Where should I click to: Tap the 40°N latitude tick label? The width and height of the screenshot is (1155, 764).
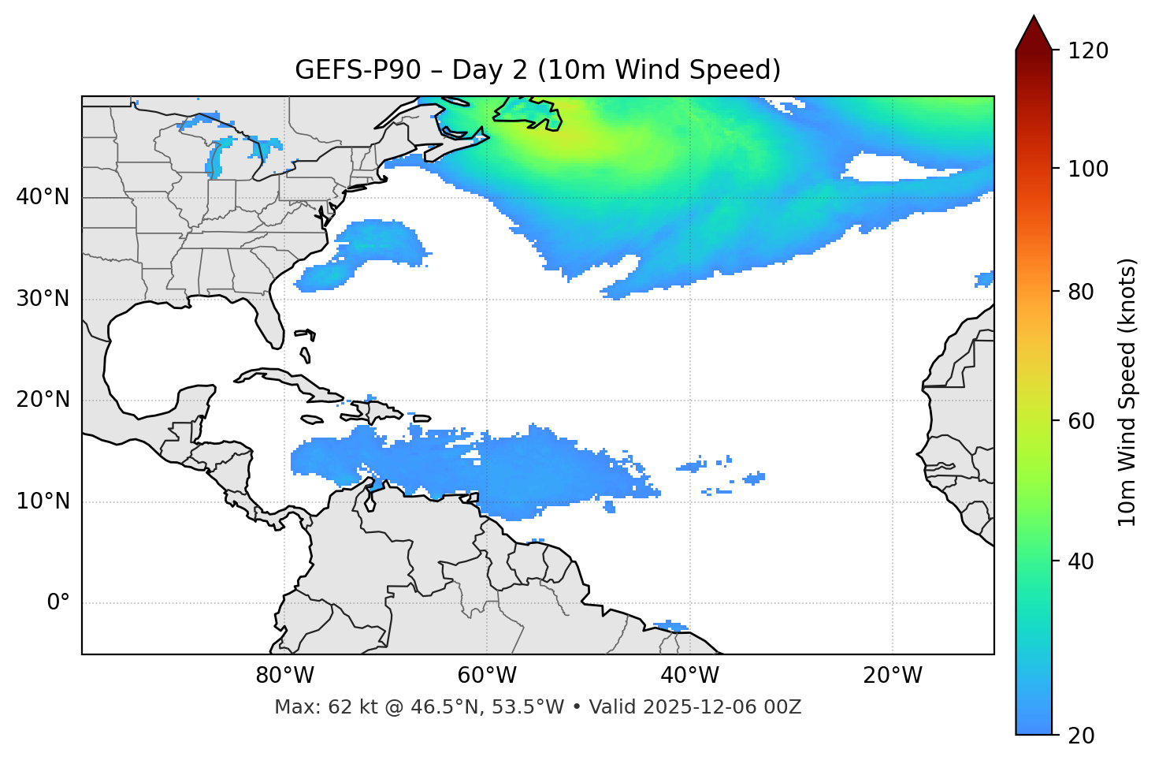pos(43,197)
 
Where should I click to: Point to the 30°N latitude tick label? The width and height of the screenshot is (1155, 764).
pos(43,299)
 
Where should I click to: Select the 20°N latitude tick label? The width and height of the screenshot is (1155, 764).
pos(43,400)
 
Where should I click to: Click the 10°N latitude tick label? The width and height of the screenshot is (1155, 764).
pos(43,501)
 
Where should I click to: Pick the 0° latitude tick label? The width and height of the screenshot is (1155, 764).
pos(58,603)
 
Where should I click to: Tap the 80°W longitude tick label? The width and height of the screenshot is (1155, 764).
pos(284,676)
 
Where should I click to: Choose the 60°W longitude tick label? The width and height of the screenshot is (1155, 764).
pos(487,676)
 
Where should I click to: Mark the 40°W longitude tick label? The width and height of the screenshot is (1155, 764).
pos(689,676)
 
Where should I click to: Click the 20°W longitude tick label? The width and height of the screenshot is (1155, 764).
pos(892,676)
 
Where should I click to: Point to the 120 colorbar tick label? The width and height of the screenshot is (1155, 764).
pos(1088,51)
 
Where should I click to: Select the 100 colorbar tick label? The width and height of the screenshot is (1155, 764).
pos(1088,169)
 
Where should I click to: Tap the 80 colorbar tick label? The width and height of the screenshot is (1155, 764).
pos(1082,293)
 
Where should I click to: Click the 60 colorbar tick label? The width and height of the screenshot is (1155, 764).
pos(1082,421)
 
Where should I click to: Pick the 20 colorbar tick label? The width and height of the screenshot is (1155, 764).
pos(1082,736)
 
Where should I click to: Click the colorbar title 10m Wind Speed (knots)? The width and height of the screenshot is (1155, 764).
pos(1127,393)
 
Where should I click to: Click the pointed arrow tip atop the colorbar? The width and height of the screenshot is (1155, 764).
pos(1034,19)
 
